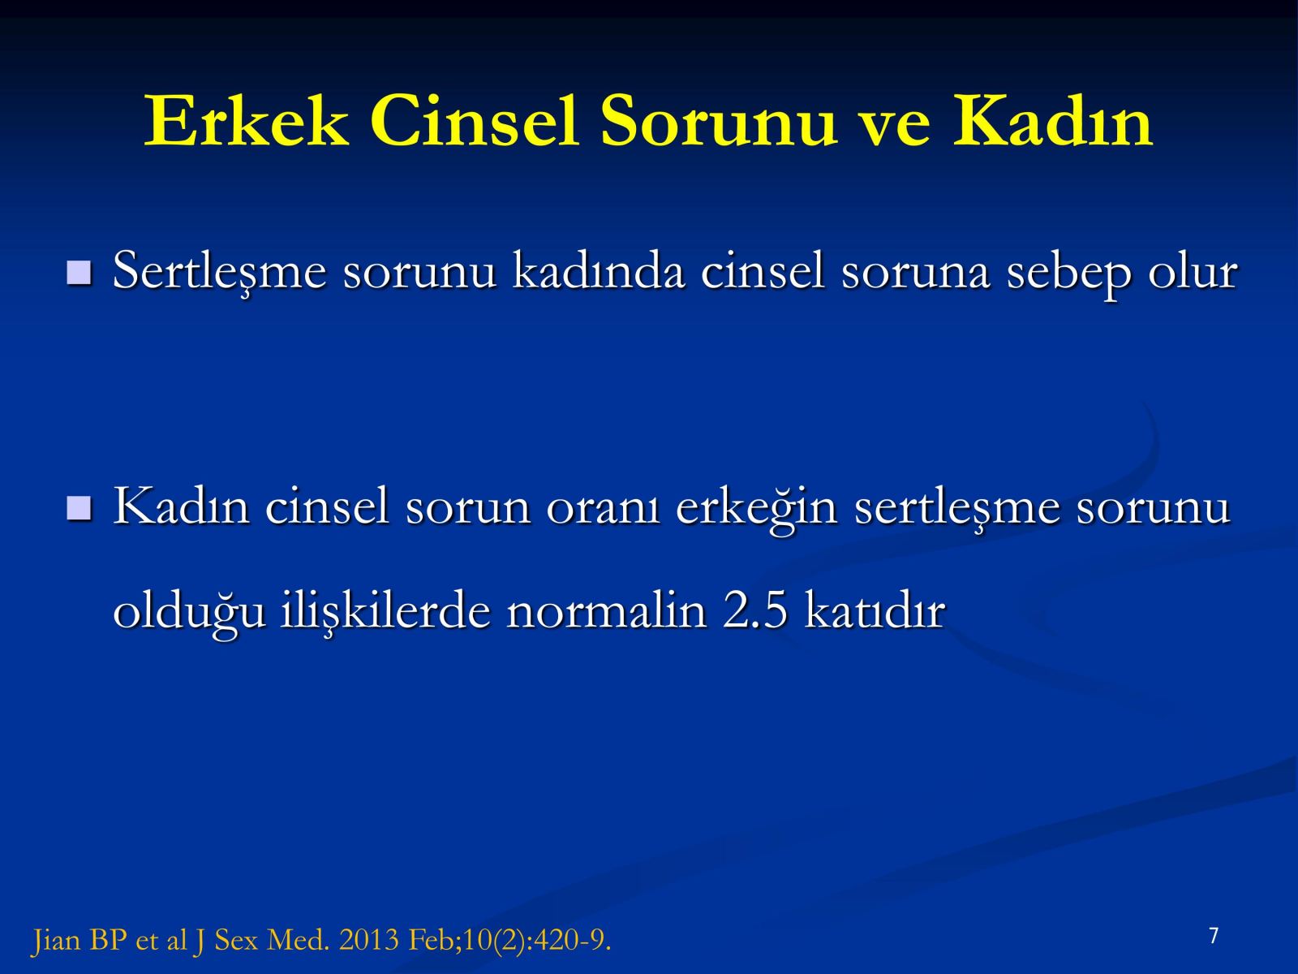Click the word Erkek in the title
(x=246, y=121)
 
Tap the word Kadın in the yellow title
(x=1052, y=121)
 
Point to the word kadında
(x=599, y=271)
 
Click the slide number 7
(x=1214, y=936)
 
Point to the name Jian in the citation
(x=56, y=941)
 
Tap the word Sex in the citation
(x=236, y=940)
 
